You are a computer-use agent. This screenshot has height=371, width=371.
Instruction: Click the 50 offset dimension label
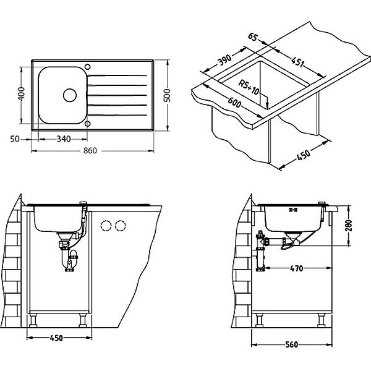pyautogui.click(x=17, y=139)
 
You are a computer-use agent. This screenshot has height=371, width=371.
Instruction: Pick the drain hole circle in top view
pyautogui.click(x=69, y=95)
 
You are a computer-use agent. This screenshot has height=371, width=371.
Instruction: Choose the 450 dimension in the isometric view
pyautogui.click(x=303, y=155)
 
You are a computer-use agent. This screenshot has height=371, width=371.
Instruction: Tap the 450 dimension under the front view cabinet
pyautogui.click(x=56, y=338)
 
